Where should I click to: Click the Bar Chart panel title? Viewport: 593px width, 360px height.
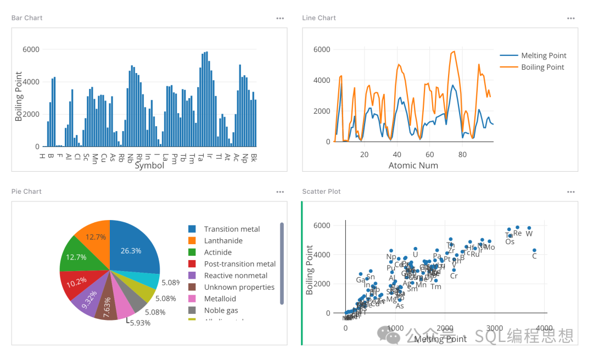pos(27,18)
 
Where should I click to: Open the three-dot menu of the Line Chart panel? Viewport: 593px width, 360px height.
pos(571,18)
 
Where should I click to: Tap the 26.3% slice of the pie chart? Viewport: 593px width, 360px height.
pos(132,250)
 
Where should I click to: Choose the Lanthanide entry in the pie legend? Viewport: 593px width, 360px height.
pos(223,240)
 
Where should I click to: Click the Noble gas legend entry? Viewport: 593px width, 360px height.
pos(222,311)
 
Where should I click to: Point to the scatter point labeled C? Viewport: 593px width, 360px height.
pos(534,251)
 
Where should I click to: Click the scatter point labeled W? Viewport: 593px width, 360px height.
pos(529,228)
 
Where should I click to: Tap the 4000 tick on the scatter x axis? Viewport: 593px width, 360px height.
pos(544,328)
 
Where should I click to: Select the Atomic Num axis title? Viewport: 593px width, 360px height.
pos(413,165)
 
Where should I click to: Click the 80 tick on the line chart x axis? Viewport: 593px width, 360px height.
pos(462,154)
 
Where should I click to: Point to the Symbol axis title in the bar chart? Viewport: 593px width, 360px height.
pos(149,165)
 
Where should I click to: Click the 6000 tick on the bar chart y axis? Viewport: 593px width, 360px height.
pos(31,49)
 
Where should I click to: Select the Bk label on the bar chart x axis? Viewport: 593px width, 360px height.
pos(254,158)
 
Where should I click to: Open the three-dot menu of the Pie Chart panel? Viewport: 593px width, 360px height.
pos(280,192)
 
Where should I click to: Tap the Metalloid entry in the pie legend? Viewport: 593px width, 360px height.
pos(220,299)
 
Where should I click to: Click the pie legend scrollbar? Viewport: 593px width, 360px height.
pos(282,263)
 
